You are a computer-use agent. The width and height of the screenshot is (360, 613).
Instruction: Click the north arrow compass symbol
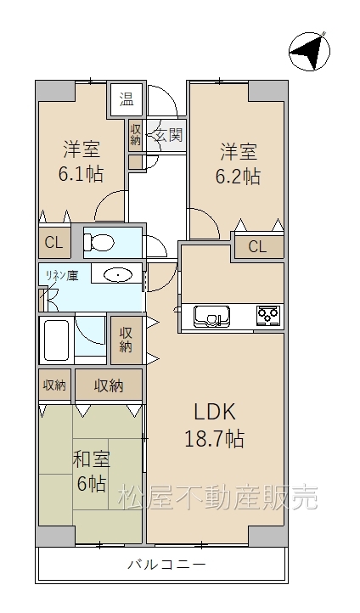point(309,52)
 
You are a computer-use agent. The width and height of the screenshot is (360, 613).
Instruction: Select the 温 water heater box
point(127,99)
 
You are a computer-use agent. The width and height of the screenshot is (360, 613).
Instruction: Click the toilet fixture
point(98,242)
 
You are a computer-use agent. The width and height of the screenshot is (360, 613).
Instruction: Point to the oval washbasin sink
point(117,275)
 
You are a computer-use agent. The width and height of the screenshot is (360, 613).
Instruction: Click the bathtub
point(57,340)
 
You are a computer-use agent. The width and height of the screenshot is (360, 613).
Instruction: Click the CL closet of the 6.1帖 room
point(54,242)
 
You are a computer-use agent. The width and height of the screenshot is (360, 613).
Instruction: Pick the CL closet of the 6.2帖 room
point(258,247)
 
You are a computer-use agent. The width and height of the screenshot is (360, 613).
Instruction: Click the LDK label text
point(215,412)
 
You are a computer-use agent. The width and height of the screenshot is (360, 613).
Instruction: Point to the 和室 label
point(92,459)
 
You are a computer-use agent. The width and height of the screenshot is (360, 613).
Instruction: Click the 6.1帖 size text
point(81,174)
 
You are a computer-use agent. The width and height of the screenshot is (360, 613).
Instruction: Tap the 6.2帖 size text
point(238,177)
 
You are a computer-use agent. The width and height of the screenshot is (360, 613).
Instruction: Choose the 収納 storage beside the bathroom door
point(126,340)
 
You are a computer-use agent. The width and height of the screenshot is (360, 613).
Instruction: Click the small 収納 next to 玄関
point(135,135)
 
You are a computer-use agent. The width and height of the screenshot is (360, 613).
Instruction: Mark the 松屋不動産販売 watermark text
point(218,498)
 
